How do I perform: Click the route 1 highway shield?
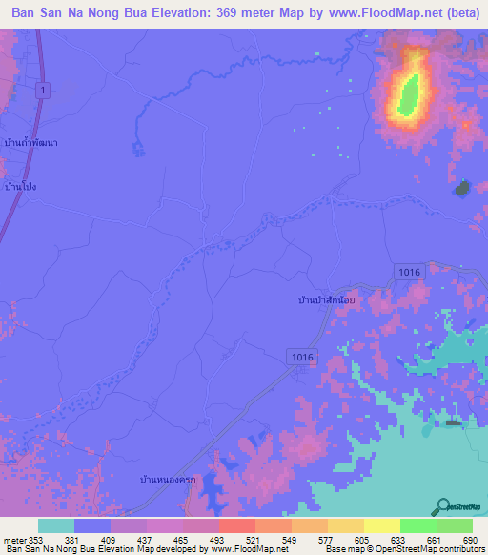click(x=43, y=89)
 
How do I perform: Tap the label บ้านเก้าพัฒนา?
click(x=31, y=142)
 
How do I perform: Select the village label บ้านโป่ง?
click(x=20, y=186)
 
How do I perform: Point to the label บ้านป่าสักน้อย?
click(x=327, y=299)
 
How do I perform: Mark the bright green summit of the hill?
click(x=411, y=93)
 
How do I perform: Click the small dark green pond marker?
click(x=461, y=188)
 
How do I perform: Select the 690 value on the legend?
click(x=470, y=539)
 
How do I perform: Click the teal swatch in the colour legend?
click(x=55, y=525)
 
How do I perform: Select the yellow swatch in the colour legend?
click(x=381, y=525)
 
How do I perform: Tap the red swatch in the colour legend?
click(x=236, y=525)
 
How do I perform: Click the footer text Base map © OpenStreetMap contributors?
click(x=403, y=549)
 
